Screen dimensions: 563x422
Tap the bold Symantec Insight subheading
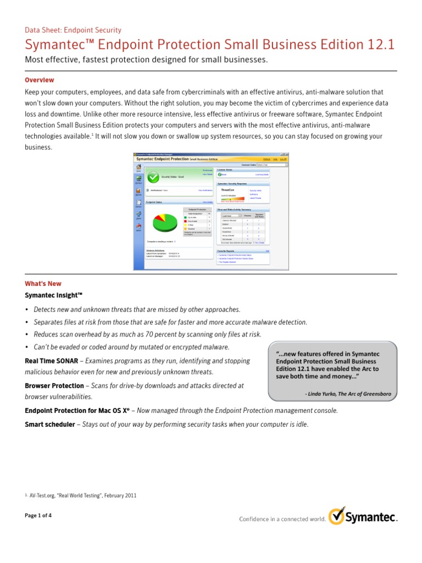tap(53, 295)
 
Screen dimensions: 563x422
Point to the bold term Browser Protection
tap(54, 386)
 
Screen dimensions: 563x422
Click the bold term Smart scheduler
tap(49, 424)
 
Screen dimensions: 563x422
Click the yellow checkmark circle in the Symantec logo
tap(336, 516)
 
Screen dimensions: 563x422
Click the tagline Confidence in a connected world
tap(281, 518)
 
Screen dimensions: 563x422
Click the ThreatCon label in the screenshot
tap(228, 190)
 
